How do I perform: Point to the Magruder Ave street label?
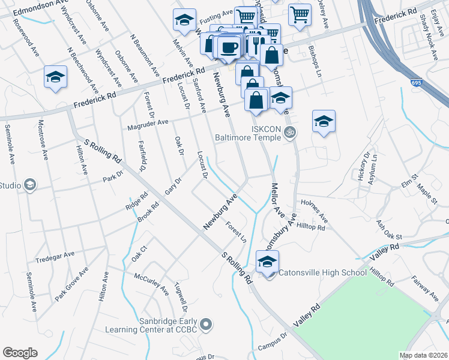click(147, 125)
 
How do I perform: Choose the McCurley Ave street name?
click(151, 283)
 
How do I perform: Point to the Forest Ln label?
click(236, 232)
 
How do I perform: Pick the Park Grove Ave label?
click(71, 284)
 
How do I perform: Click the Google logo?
click(20, 353)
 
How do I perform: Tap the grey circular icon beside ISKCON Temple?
click(291, 132)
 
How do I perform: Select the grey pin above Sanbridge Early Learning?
click(206, 325)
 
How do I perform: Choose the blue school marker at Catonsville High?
click(267, 262)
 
